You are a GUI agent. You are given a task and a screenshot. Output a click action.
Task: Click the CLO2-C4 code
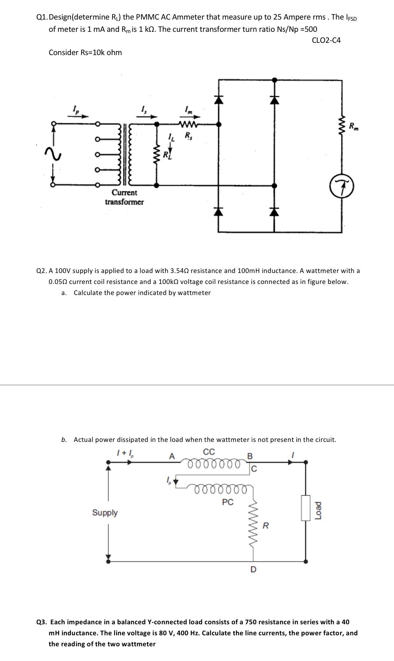326,40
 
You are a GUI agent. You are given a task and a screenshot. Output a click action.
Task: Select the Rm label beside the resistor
353,126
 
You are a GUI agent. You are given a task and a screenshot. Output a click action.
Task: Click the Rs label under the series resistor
188,136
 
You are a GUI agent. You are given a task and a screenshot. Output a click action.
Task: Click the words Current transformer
124,197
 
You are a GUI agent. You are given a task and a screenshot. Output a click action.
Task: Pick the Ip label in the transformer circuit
75,109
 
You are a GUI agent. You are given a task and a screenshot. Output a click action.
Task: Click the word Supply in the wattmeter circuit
105,512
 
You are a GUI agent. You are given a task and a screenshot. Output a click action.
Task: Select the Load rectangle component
306,508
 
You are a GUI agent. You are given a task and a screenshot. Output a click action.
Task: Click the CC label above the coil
209,452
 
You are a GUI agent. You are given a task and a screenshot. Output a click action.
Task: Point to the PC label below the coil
228,502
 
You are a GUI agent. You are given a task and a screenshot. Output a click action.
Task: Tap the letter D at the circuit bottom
253,569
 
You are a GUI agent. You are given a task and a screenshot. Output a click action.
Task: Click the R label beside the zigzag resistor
265,526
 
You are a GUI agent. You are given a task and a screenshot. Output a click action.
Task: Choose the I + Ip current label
125,453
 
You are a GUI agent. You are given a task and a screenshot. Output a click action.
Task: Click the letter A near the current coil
172,456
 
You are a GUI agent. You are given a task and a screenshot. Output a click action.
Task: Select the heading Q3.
41,622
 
